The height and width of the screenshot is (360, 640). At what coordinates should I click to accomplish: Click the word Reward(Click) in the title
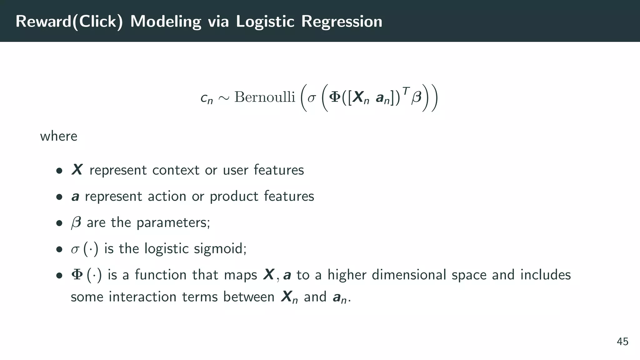69,22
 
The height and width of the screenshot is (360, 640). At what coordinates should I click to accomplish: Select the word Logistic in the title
265,22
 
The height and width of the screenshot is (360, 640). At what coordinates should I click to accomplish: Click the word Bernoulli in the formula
265,97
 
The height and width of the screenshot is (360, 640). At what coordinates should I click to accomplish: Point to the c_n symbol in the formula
206,98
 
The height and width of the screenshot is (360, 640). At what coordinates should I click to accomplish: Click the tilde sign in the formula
224,98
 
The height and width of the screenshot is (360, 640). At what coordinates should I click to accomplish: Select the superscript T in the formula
406,91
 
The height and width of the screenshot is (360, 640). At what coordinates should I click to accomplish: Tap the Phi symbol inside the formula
335,97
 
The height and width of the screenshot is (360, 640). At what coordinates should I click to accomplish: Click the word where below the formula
58,136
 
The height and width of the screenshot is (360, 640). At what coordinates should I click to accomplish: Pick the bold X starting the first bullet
77,170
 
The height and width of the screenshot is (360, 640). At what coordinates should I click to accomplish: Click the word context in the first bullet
176,170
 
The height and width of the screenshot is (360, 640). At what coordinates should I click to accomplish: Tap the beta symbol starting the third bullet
76,223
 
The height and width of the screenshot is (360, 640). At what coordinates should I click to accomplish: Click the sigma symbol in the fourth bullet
75,250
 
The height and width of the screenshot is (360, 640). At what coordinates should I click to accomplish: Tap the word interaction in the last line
142,297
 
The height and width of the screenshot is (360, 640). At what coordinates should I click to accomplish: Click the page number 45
622,342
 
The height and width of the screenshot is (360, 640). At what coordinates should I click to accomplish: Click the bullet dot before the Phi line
59,276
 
